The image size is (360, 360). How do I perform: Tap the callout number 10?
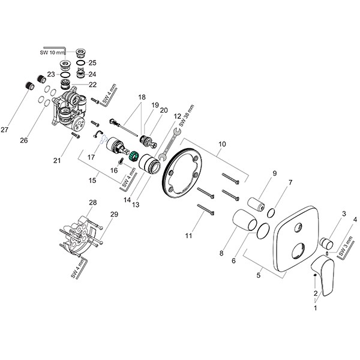pos(222,144)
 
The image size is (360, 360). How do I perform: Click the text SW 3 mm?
pos(345,247)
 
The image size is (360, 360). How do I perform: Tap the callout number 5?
pos(259,277)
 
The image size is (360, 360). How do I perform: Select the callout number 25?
pos(92,62)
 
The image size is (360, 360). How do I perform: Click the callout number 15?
pos(93,179)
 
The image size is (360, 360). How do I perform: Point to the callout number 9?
pos(274,173)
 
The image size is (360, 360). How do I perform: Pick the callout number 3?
pos(344,214)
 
